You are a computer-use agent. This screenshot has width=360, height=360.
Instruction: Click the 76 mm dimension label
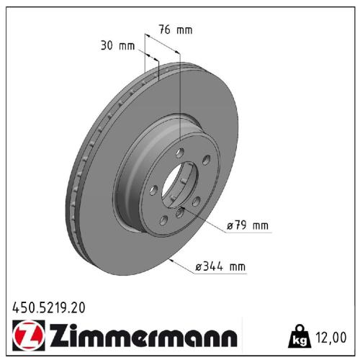(176, 30)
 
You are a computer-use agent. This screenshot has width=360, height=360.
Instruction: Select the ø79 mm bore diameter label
(247, 225)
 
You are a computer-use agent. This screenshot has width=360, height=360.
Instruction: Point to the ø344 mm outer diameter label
(220, 268)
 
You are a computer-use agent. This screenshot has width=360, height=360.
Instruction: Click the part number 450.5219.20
(48, 307)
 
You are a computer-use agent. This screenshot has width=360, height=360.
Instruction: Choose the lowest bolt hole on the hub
(164, 220)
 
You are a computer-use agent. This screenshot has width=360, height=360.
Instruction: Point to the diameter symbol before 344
(198, 268)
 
